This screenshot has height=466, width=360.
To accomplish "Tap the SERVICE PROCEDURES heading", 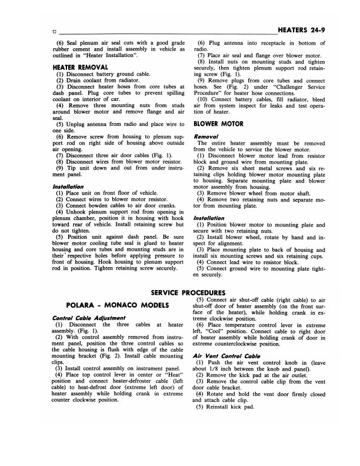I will click(179, 292).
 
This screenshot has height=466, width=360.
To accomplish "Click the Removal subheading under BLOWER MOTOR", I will click(206, 136).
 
